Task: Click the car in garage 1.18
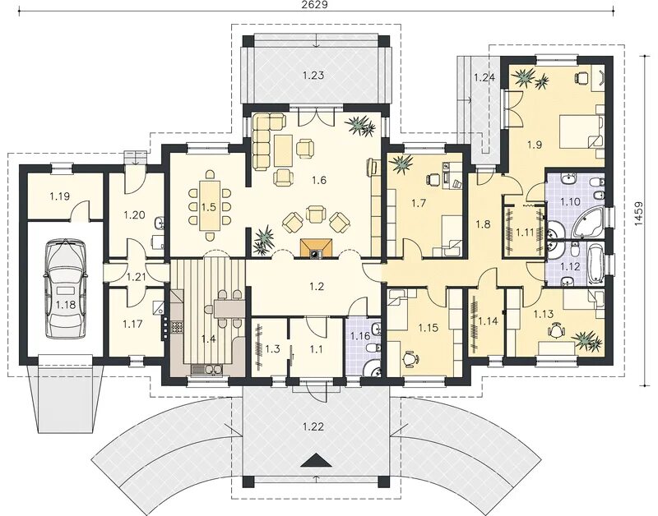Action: point(66,288)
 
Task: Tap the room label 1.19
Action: point(59,196)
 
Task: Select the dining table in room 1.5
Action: point(209,205)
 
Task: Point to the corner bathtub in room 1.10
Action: point(587,222)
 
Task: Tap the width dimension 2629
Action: point(314,5)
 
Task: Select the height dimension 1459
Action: point(638,214)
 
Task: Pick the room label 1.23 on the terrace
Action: point(313,76)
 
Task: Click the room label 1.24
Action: point(484,77)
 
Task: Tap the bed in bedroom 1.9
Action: point(582,132)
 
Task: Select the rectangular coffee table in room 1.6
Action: point(284,150)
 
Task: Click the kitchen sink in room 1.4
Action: point(208,369)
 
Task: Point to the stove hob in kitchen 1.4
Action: point(177,327)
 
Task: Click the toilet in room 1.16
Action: point(373,348)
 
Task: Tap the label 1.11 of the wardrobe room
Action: point(524,232)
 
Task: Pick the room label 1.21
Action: point(136,277)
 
